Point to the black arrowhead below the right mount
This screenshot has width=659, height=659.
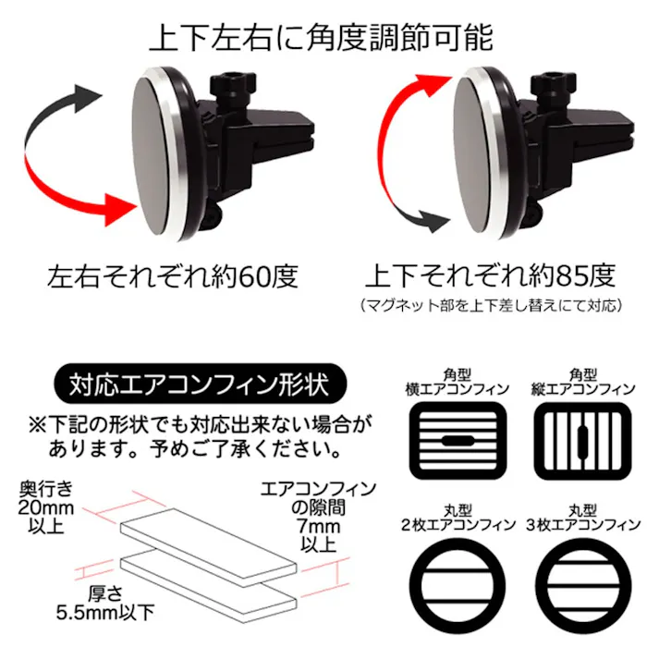pos(428,222)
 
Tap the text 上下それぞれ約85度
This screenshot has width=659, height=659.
pos(490,275)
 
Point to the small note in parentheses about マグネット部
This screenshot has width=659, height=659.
pos(491,303)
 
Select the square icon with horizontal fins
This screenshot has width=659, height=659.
pos(458,439)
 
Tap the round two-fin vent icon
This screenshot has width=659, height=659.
pos(458,582)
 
